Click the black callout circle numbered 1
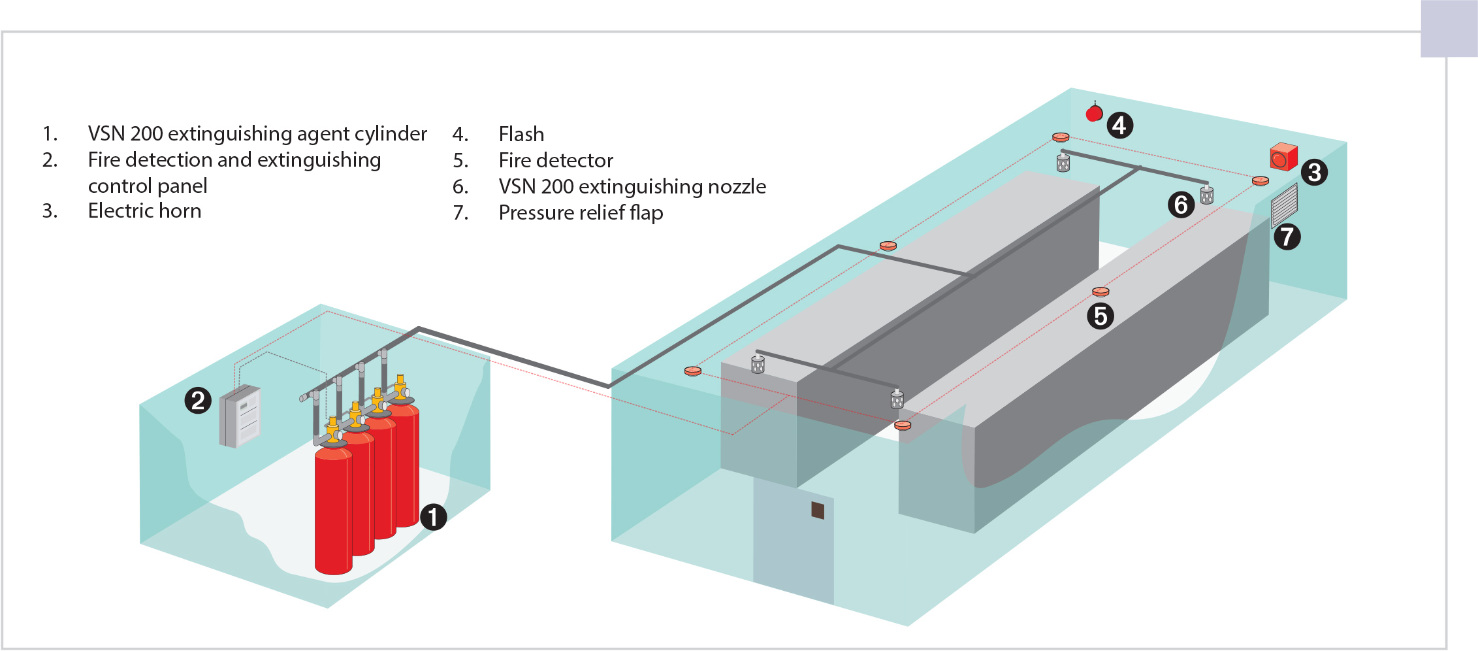pos(433,517)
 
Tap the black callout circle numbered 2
pos(198,400)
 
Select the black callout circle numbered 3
pos(1314,173)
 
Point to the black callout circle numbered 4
pos(1119,125)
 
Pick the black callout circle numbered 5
pos(1100,316)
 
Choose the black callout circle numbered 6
pos(1181,205)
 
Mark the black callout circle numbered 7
pos(1287,237)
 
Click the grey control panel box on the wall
pos(240,416)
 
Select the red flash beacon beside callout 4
pos(1094,114)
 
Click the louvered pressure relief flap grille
pos(1284,205)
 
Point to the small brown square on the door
pos(818,510)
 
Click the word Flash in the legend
pos(521,134)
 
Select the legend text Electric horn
pos(144,211)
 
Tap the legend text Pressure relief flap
pos(581,213)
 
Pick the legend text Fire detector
pos(556,161)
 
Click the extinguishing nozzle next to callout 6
pos(1207,194)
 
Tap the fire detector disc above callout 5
pos(1100,292)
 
